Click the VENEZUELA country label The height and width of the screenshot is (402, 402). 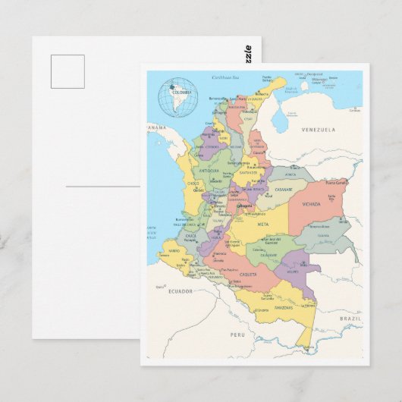[x=318, y=130]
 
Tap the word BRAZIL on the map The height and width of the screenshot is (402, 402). [x=350, y=319]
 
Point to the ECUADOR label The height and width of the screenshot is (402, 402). [x=180, y=291]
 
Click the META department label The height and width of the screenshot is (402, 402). [x=262, y=225]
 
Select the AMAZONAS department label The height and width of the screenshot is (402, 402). [x=283, y=308]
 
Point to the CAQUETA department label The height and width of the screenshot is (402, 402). [x=248, y=274]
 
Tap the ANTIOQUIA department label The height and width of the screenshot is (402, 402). [x=209, y=171]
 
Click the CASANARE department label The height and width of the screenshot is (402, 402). [x=283, y=189]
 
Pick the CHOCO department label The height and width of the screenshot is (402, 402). [x=193, y=183]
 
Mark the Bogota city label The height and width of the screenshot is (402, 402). [x=245, y=206]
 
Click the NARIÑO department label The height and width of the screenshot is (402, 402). [x=174, y=250]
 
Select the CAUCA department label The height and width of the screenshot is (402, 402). [x=190, y=236]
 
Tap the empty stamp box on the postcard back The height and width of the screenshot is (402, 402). [x=68, y=71]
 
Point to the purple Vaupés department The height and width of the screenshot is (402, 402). [x=294, y=267]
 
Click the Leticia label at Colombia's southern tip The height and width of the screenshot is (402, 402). [x=306, y=347]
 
